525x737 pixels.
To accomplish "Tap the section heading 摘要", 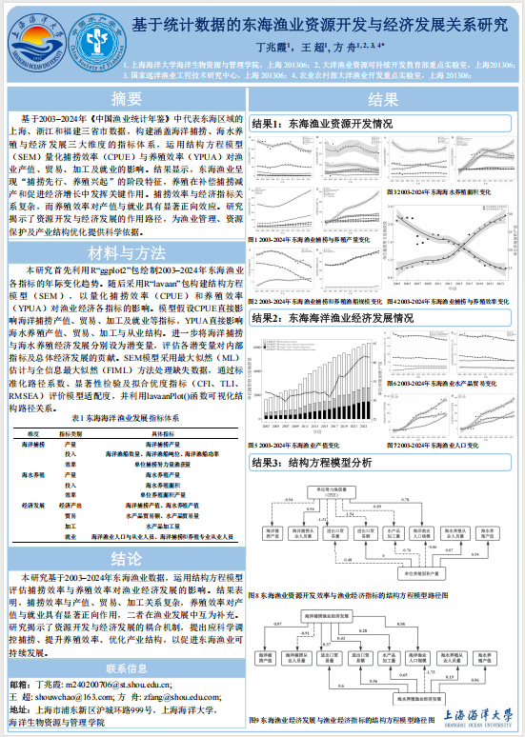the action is [126, 99].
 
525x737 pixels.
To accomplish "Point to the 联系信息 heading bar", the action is [126, 668].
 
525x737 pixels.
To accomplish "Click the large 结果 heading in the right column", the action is [383, 99].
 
